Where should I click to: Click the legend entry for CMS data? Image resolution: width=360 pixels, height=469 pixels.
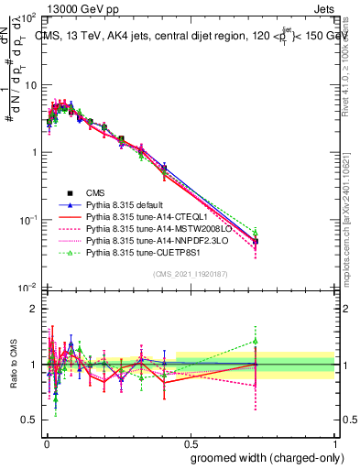95,192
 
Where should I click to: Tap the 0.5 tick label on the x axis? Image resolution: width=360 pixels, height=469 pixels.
190,442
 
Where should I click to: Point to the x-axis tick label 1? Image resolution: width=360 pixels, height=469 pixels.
333,442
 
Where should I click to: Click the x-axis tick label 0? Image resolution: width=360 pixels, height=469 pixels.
46,442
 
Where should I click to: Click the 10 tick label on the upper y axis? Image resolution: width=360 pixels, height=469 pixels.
28,85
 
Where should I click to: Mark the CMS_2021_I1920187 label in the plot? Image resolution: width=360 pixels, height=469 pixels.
189,274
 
